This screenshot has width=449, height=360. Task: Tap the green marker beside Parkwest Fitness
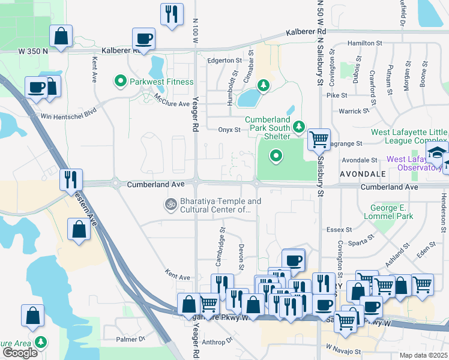tap(120, 81)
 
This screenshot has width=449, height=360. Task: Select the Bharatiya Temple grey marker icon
tap(170, 205)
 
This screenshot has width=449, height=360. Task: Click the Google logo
tap(20, 353)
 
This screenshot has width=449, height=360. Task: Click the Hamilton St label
tap(364, 43)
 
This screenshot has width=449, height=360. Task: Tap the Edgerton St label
tap(224, 60)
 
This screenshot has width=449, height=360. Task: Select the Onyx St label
tap(229, 129)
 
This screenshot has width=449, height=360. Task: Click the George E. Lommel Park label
tap(388, 212)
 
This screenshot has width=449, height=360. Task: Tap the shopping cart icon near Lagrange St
tap(319, 139)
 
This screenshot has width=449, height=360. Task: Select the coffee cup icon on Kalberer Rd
tap(144, 39)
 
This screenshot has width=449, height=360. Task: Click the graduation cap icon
tap(437, 152)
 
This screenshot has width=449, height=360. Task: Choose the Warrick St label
tap(354, 111)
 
